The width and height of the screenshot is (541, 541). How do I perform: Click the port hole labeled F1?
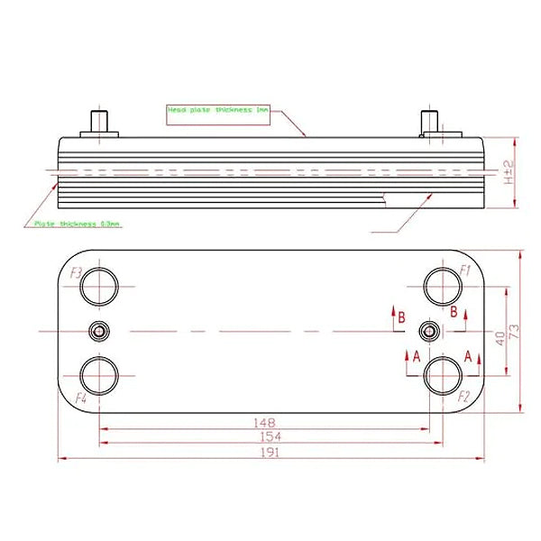[x=443, y=287]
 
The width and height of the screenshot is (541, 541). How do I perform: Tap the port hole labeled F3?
[x=98, y=287]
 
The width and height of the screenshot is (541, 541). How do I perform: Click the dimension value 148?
[x=265, y=422]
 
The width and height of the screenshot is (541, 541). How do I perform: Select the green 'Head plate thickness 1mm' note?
[x=218, y=109]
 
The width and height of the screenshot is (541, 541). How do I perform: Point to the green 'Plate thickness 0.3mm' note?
[x=77, y=223]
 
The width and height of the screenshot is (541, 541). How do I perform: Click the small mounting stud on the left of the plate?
[x=98, y=332]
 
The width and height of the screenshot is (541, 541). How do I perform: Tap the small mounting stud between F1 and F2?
[x=432, y=332]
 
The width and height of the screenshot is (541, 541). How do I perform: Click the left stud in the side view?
[x=98, y=122]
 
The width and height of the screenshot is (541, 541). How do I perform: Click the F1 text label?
[x=466, y=270]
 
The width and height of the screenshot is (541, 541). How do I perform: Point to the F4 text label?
[x=81, y=396]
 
